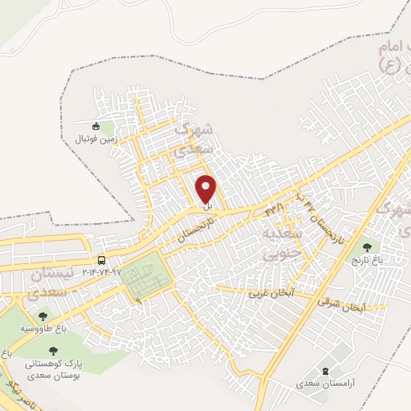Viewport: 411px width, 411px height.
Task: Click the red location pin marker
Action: tap(206, 189)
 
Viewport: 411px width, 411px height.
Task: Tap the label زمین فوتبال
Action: tap(96, 138)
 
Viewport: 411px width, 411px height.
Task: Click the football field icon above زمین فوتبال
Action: tap(96, 126)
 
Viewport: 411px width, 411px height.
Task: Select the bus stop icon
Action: tap(101, 260)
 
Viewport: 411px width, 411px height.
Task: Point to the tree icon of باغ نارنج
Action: tap(367, 248)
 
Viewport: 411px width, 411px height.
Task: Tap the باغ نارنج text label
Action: tap(367, 261)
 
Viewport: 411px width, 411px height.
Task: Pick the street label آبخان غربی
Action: tap(272, 293)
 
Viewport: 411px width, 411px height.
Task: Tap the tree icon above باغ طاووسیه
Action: tap(42, 316)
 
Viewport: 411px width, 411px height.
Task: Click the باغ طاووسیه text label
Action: tap(42, 329)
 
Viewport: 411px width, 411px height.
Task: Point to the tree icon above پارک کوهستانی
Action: tap(53, 350)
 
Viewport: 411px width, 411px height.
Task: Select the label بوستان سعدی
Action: tap(53, 375)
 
